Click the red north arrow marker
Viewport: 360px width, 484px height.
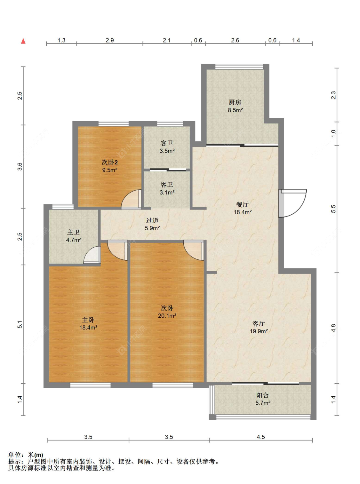tap(23, 41)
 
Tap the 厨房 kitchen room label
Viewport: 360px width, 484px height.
tap(235, 102)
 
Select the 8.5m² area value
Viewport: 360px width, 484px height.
tap(235, 110)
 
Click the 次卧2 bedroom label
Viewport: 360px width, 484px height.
tap(110, 163)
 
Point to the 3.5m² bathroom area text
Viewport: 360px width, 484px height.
tap(167, 151)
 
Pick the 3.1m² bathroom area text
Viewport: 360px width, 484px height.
tap(167, 193)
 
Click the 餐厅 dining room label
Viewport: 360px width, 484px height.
tap(243, 204)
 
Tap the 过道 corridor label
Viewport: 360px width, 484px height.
tap(152, 221)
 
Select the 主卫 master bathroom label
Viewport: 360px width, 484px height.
tap(73, 232)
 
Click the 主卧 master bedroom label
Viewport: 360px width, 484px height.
tap(88, 320)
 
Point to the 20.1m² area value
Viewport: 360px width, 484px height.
tap(167, 315)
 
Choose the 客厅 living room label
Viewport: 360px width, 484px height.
tap(259, 323)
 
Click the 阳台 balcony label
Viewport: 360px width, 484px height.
tap(263, 395)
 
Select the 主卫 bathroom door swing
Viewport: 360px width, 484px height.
tap(92, 255)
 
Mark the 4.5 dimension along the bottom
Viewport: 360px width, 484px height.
tap(261, 437)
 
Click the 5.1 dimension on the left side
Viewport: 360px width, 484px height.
tap(20, 325)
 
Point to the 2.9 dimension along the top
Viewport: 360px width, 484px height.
tap(110, 40)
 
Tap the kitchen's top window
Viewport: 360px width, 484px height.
tap(239, 67)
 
